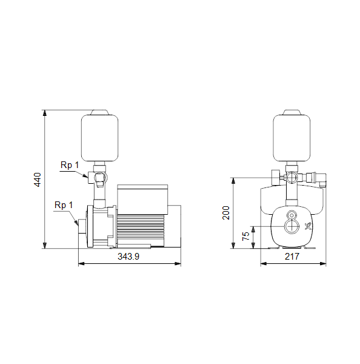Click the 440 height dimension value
(38, 180)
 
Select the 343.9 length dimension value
(128, 257)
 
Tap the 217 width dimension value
(292, 257)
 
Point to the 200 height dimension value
(225, 213)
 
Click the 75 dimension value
(245, 236)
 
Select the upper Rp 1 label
(70, 165)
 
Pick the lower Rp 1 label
(64, 205)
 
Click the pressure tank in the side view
(99, 138)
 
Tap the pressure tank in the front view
(292, 138)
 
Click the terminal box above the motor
(142, 200)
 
